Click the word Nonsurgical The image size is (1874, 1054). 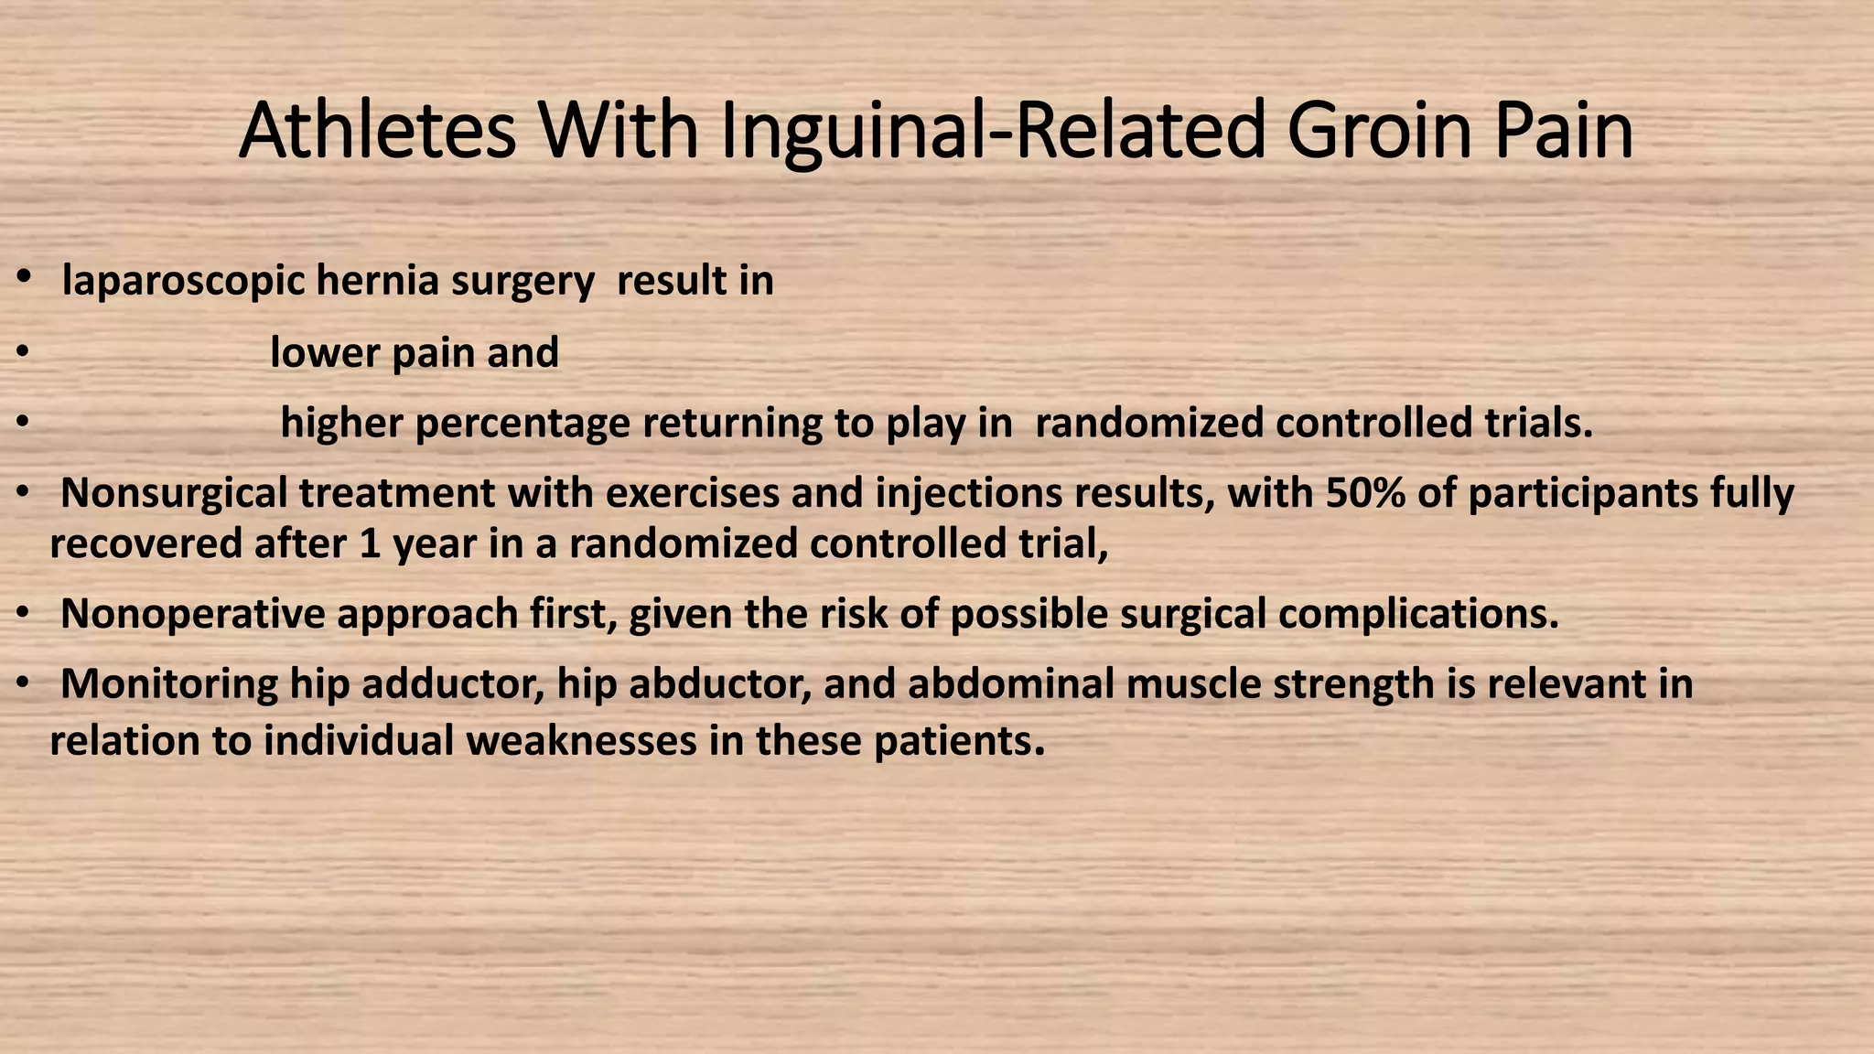174,493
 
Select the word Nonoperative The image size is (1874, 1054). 192,614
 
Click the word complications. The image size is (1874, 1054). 1417,614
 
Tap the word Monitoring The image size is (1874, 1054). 168,684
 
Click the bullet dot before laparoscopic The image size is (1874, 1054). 25,275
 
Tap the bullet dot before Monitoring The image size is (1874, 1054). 25,682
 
